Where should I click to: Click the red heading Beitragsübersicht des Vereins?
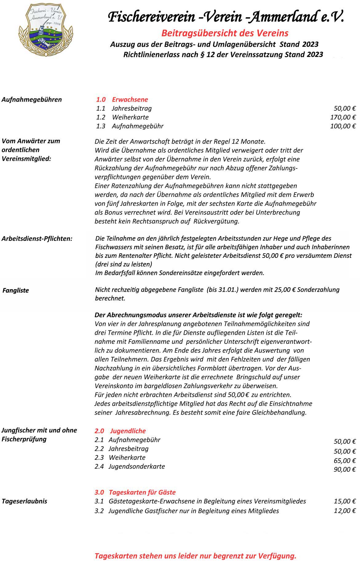pos(225,33)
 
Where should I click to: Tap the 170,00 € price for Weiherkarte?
pos(343,117)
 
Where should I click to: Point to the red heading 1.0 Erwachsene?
pos(122,99)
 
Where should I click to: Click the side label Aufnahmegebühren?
pos(32,99)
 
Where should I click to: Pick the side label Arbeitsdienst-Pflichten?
pos(37,238)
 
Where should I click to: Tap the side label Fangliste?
pos(16,290)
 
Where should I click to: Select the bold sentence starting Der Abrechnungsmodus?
pos(198,315)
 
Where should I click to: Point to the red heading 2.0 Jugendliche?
pos(120,431)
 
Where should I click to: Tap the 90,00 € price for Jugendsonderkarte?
pos(345,469)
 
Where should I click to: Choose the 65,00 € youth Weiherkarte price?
pos(345,460)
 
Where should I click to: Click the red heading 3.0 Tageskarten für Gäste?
pos(135,492)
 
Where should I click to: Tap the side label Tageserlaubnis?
pos(25,501)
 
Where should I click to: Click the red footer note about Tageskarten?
pos(196,556)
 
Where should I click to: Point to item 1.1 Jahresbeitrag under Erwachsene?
pos(124,108)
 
